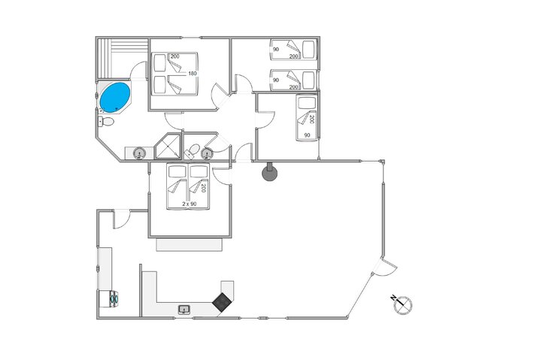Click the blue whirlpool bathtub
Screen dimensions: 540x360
(x=114, y=98)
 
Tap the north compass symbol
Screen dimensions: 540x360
(x=402, y=304)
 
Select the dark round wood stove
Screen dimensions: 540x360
(x=269, y=172)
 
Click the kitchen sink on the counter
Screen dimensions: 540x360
(x=184, y=310)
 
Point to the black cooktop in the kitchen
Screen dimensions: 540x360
(x=222, y=302)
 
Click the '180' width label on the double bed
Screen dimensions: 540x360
(x=193, y=74)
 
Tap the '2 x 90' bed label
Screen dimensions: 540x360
(x=190, y=204)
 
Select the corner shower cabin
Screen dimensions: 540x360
(x=168, y=147)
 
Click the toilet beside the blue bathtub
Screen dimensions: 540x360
(x=106, y=122)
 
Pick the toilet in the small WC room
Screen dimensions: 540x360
(x=193, y=151)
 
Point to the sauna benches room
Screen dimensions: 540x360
(x=122, y=59)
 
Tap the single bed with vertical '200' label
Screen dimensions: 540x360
(x=307, y=118)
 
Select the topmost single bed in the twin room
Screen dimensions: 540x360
(x=293, y=50)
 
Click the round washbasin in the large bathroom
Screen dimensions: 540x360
(x=139, y=152)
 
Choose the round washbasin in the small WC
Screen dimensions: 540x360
(x=207, y=153)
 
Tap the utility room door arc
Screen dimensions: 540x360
(x=123, y=219)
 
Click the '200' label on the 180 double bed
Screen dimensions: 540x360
(x=175, y=56)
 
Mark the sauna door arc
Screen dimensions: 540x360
(x=138, y=71)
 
